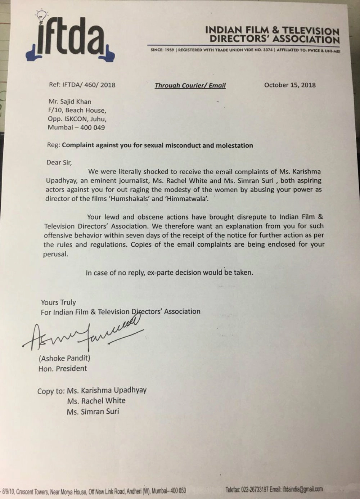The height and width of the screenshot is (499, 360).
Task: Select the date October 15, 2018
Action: coord(290,85)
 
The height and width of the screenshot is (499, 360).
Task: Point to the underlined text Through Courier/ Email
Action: coord(190,85)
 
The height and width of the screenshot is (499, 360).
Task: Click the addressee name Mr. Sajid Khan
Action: coord(70,102)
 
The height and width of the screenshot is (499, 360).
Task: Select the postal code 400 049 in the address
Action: coord(93,127)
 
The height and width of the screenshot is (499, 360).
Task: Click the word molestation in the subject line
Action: coord(234,145)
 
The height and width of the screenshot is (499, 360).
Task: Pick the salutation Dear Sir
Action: coord(59,162)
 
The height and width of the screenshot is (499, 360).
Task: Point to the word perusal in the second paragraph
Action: coord(55,254)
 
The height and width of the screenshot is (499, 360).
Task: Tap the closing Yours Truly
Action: coord(58,302)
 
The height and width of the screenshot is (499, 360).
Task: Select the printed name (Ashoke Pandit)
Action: coord(64,358)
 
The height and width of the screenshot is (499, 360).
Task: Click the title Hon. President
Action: coord(63,368)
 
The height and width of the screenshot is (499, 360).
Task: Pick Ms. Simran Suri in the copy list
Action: coord(93,411)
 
